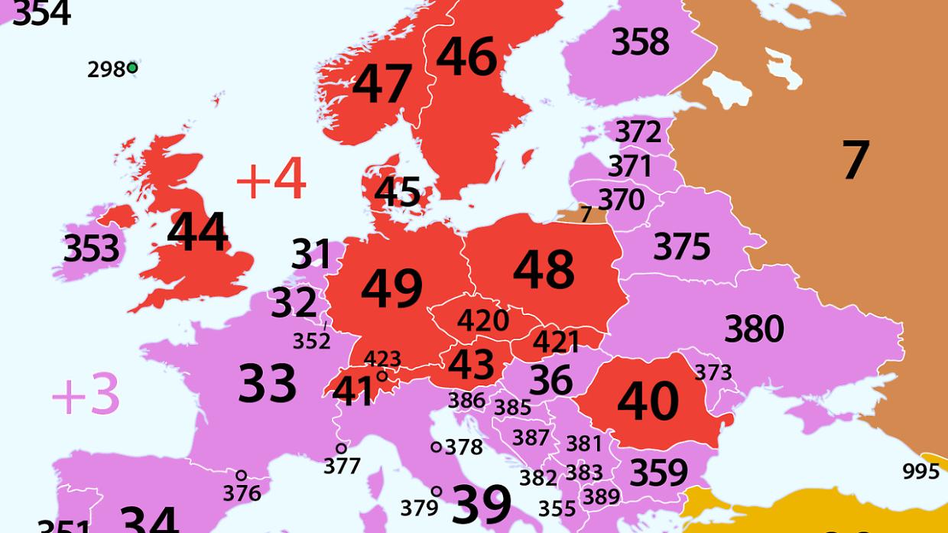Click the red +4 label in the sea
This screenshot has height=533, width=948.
point(271,180)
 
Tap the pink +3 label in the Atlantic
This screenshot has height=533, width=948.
point(86,395)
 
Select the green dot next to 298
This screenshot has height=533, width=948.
point(132,68)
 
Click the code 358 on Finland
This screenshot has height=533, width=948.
point(640,41)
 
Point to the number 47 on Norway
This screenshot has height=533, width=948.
point(382,83)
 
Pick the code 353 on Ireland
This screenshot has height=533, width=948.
point(92,249)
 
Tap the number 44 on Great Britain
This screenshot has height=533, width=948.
point(197,232)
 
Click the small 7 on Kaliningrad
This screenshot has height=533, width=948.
point(586,214)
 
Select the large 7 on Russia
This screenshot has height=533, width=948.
point(855,161)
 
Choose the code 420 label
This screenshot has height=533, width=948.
point(483,320)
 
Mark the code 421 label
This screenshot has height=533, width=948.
point(556,341)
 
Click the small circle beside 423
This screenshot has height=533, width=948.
point(381,375)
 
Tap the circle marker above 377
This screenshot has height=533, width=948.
point(341,448)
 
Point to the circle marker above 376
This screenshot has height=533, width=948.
point(241,476)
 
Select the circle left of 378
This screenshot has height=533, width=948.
point(436,447)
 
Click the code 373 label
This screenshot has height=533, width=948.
point(713,372)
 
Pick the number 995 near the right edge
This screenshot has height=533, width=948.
point(920,471)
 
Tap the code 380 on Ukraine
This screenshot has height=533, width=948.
point(754,329)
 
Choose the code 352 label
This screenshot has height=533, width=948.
point(311,341)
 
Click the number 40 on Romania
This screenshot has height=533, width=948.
point(648,401)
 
